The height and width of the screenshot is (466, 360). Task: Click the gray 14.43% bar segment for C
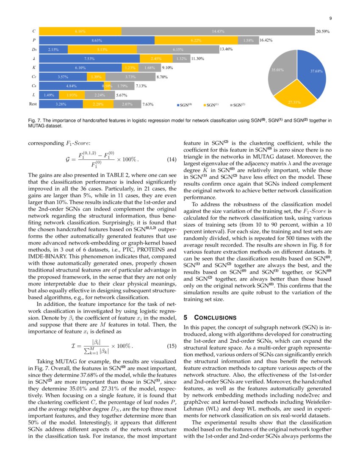(x=218, y=31)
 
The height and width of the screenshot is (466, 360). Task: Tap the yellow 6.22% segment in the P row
(x=196, y=40)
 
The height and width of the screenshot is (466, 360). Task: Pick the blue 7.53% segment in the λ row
(x=89, y=58)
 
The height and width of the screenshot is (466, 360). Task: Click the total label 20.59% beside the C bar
(x=323, y=31)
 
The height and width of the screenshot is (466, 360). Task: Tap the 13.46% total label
(x=227, y=50)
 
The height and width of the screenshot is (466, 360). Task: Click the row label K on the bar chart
(x=34, y=67)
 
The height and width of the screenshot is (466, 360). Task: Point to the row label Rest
(x=33, y=103)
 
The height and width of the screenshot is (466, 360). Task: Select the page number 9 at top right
(x=330, y=18)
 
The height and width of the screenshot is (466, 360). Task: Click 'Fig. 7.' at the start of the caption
(x=34, y=121)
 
